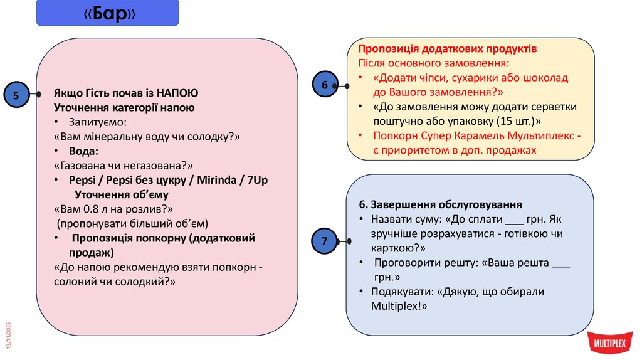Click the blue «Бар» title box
[107, 13]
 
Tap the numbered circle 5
[16, 95]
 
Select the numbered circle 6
[325, 85]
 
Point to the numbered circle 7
[324, 241]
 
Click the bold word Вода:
[85, 151]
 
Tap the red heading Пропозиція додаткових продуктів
[448, 49]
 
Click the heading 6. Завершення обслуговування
[440, 205]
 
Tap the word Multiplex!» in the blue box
[398, 306]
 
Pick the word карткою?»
[396, 246]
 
